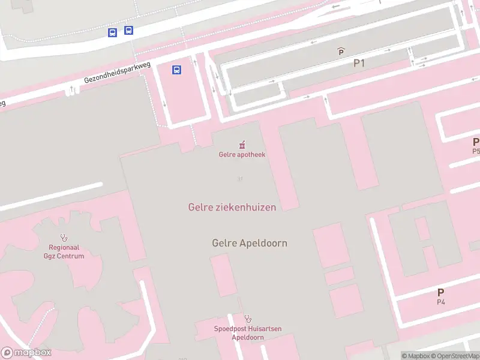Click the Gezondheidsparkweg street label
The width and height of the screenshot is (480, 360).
click(117, 74)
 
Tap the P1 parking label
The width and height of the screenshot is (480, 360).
click(359, 62)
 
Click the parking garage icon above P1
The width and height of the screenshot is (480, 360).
click(341, 52)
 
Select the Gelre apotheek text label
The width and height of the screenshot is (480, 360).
click(242, 154)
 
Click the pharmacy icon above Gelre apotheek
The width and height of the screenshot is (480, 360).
click(242, 144)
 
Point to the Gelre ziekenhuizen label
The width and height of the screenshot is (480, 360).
click(232, 207)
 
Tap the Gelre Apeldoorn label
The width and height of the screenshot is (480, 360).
click(250, 243)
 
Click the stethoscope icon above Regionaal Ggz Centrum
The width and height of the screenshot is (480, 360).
click(64, 238)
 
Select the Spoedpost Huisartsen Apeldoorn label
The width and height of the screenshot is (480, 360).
click(248, 333)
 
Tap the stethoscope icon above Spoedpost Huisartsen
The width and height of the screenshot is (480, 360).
click(248, 319)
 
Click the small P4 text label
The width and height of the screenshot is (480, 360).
click(441, 302)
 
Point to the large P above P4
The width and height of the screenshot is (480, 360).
click(441, 292)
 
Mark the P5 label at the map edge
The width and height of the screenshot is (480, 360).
click(476, 151)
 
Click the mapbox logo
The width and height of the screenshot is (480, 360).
click(26, 353)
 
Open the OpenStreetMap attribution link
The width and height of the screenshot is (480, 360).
click(457, 356)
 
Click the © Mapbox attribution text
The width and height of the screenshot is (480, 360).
click(416, 356)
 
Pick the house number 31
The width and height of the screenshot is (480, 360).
click(240, 179)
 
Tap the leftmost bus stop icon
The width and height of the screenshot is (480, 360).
click(112, 32)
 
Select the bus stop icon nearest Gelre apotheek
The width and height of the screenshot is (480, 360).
click(177, 70)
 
